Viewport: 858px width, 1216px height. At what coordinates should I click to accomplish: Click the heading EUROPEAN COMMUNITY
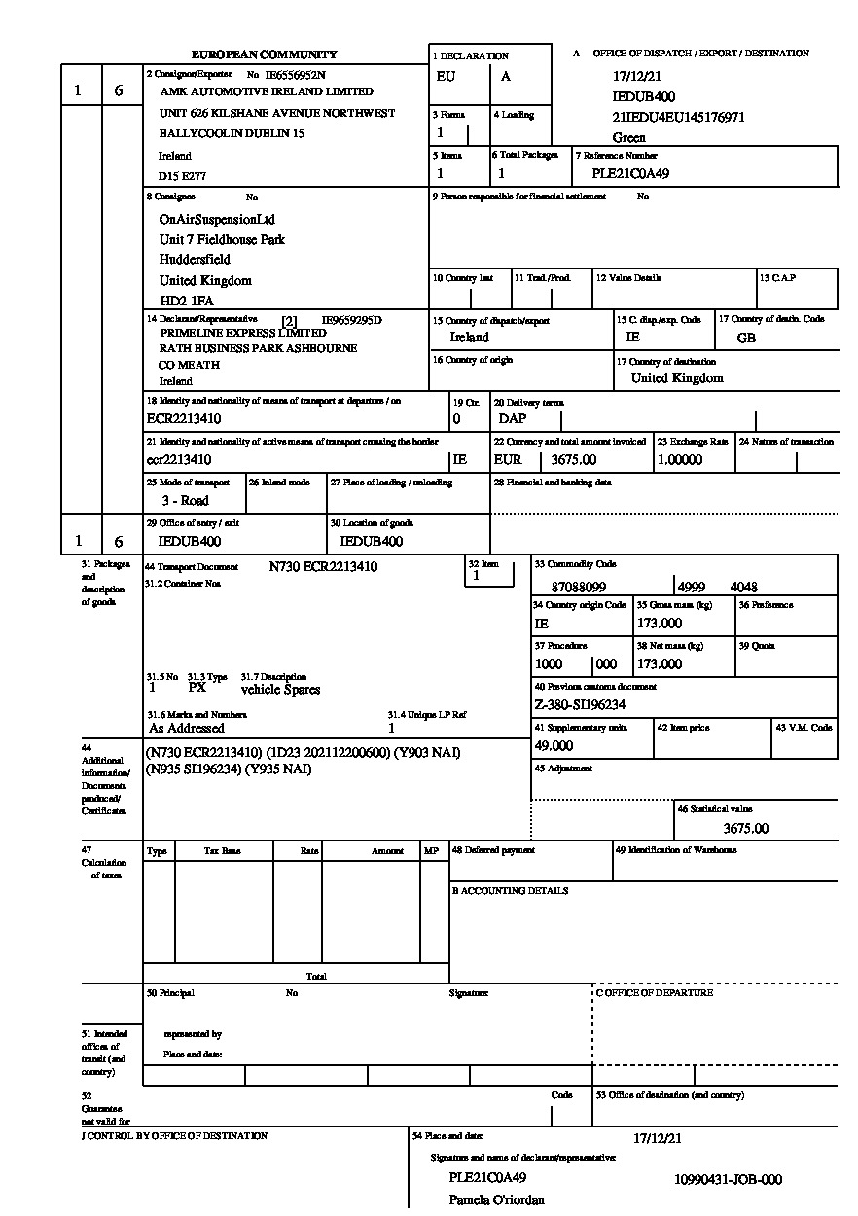pos(264,54)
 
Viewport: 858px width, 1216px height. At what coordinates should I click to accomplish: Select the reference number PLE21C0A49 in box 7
pos(630,174)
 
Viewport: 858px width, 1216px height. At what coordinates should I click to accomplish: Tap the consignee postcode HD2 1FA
pos(186,301)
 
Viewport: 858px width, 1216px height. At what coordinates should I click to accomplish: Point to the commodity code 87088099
pos(579,588)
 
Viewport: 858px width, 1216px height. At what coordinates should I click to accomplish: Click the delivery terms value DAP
pos(512,419)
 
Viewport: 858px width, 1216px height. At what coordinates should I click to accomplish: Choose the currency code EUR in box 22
pos(508,460)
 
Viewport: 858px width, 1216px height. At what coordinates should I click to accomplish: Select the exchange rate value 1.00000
pos(680,460)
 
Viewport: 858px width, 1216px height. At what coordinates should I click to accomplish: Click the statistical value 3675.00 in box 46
pos(746,829)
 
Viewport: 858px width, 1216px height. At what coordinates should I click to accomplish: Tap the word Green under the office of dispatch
pos(628,138)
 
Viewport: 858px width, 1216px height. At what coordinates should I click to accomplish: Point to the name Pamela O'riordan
pos(496,1200)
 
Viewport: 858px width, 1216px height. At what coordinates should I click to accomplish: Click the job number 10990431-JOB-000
pos(728,1180)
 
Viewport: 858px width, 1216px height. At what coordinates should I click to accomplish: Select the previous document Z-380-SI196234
pos(580,705)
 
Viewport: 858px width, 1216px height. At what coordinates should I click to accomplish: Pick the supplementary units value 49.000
pos(554,746)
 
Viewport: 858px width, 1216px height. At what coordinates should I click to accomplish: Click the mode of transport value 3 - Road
pos(185,501)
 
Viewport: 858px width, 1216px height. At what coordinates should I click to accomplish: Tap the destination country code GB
pos(746,339)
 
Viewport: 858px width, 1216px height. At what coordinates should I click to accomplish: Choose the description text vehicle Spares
pos(280,690)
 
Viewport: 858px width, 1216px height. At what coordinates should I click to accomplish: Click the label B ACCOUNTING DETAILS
pos(510,891)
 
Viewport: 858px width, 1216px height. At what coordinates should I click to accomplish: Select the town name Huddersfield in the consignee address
pos(195,260)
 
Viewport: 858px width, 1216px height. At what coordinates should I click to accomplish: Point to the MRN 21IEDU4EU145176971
pos(678,118)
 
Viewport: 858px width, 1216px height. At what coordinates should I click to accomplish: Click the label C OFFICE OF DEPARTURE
pos(655,993)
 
